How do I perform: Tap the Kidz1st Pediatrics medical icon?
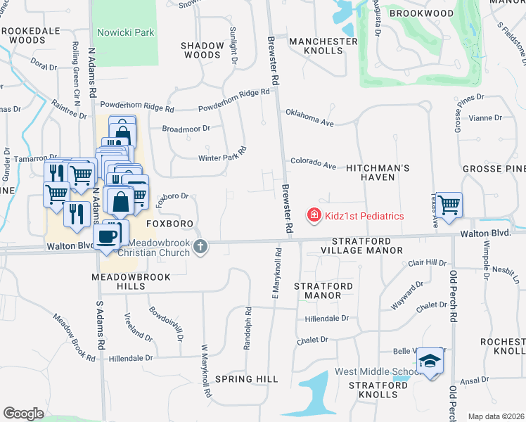(x=314, y=215)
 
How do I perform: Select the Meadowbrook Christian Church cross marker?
(x=200, y=246)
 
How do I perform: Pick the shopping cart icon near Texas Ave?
(x=449, y=205)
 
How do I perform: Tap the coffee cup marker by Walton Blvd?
(x=107, y=236)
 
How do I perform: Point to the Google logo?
(x=23, y=414)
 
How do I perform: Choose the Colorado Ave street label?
(x=313, y=163)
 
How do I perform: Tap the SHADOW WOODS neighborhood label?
(x=202, y=50)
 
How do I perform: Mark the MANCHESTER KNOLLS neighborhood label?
(x=323, y=46)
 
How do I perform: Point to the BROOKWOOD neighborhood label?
(x=421, y=13)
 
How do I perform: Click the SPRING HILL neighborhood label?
(x=247, y=379)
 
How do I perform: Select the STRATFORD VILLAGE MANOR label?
(x=342, y=245)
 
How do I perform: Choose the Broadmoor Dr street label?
(x=186, y=129)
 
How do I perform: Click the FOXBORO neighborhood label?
(x=169, y=223)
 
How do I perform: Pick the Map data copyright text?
(x=496, y=416)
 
